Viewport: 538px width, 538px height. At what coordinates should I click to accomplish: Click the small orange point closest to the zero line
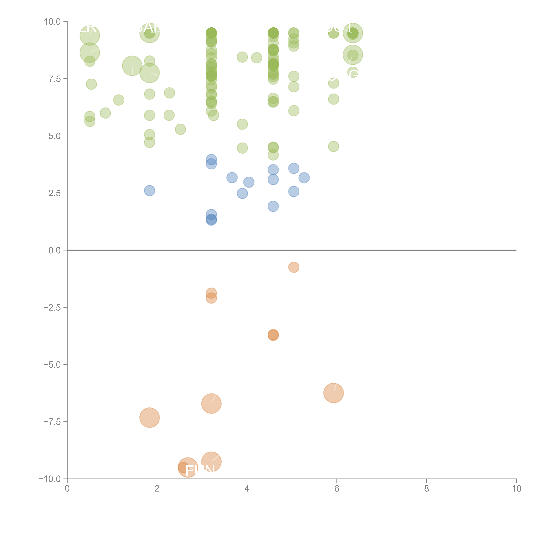[294, 267]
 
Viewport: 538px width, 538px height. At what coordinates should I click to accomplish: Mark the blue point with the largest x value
[304, 178]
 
